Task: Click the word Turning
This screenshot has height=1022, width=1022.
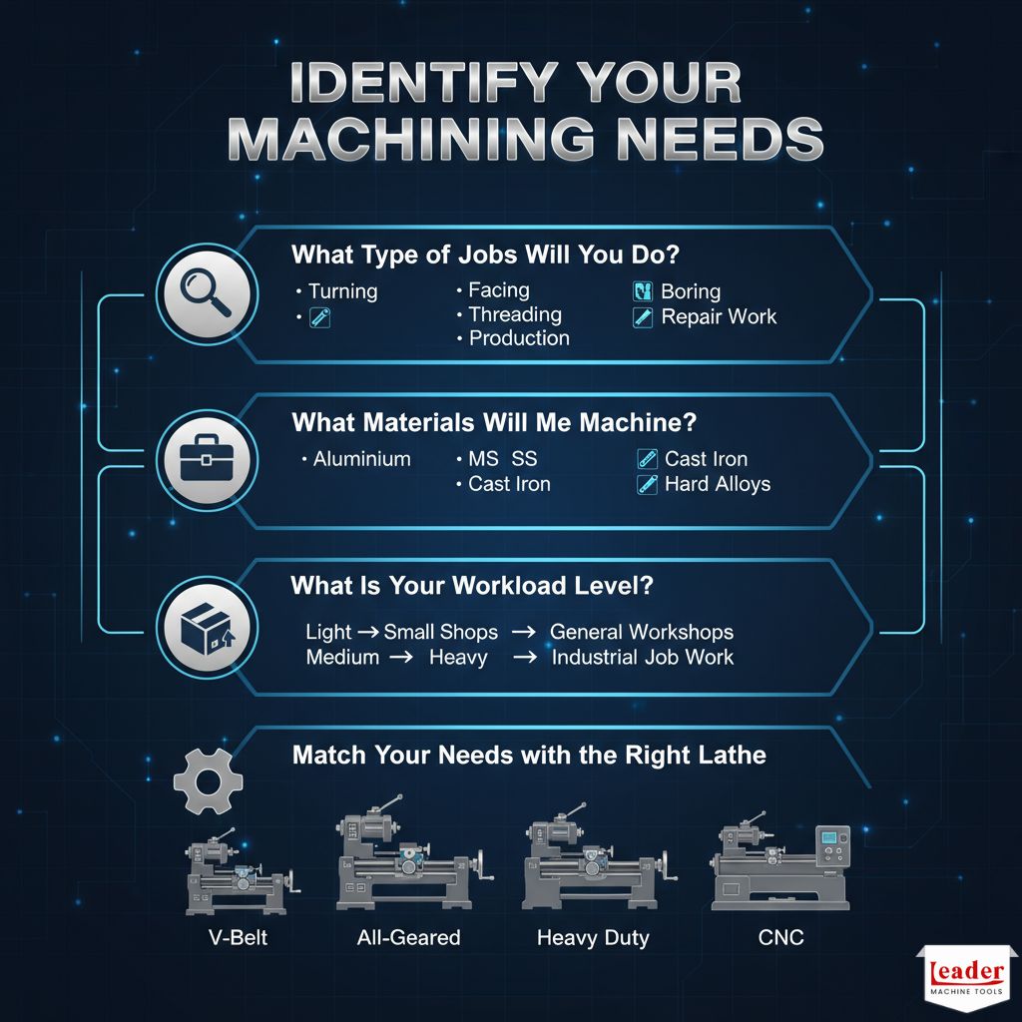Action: [x=342, y=291]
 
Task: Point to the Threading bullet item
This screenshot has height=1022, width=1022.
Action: [x=515, y=314]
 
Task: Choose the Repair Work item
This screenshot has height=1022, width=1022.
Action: [x=719, y=317]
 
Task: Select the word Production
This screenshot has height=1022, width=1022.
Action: [x=519, y=338]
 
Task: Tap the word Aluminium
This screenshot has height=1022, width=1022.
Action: [x=361, y=459]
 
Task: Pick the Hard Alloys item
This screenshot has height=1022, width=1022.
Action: [x=718, y=484]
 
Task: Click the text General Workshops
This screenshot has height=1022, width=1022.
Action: [x=642, y=632]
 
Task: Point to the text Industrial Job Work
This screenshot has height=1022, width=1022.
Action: [x=642, y=657]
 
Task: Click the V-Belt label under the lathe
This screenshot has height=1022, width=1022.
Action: [x=238, y=937]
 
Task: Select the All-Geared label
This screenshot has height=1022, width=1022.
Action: [x=409, y=937]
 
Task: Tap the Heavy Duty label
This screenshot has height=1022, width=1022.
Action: [x=593, y=937]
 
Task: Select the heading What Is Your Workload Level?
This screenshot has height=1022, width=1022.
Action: [x=472, y=586]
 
